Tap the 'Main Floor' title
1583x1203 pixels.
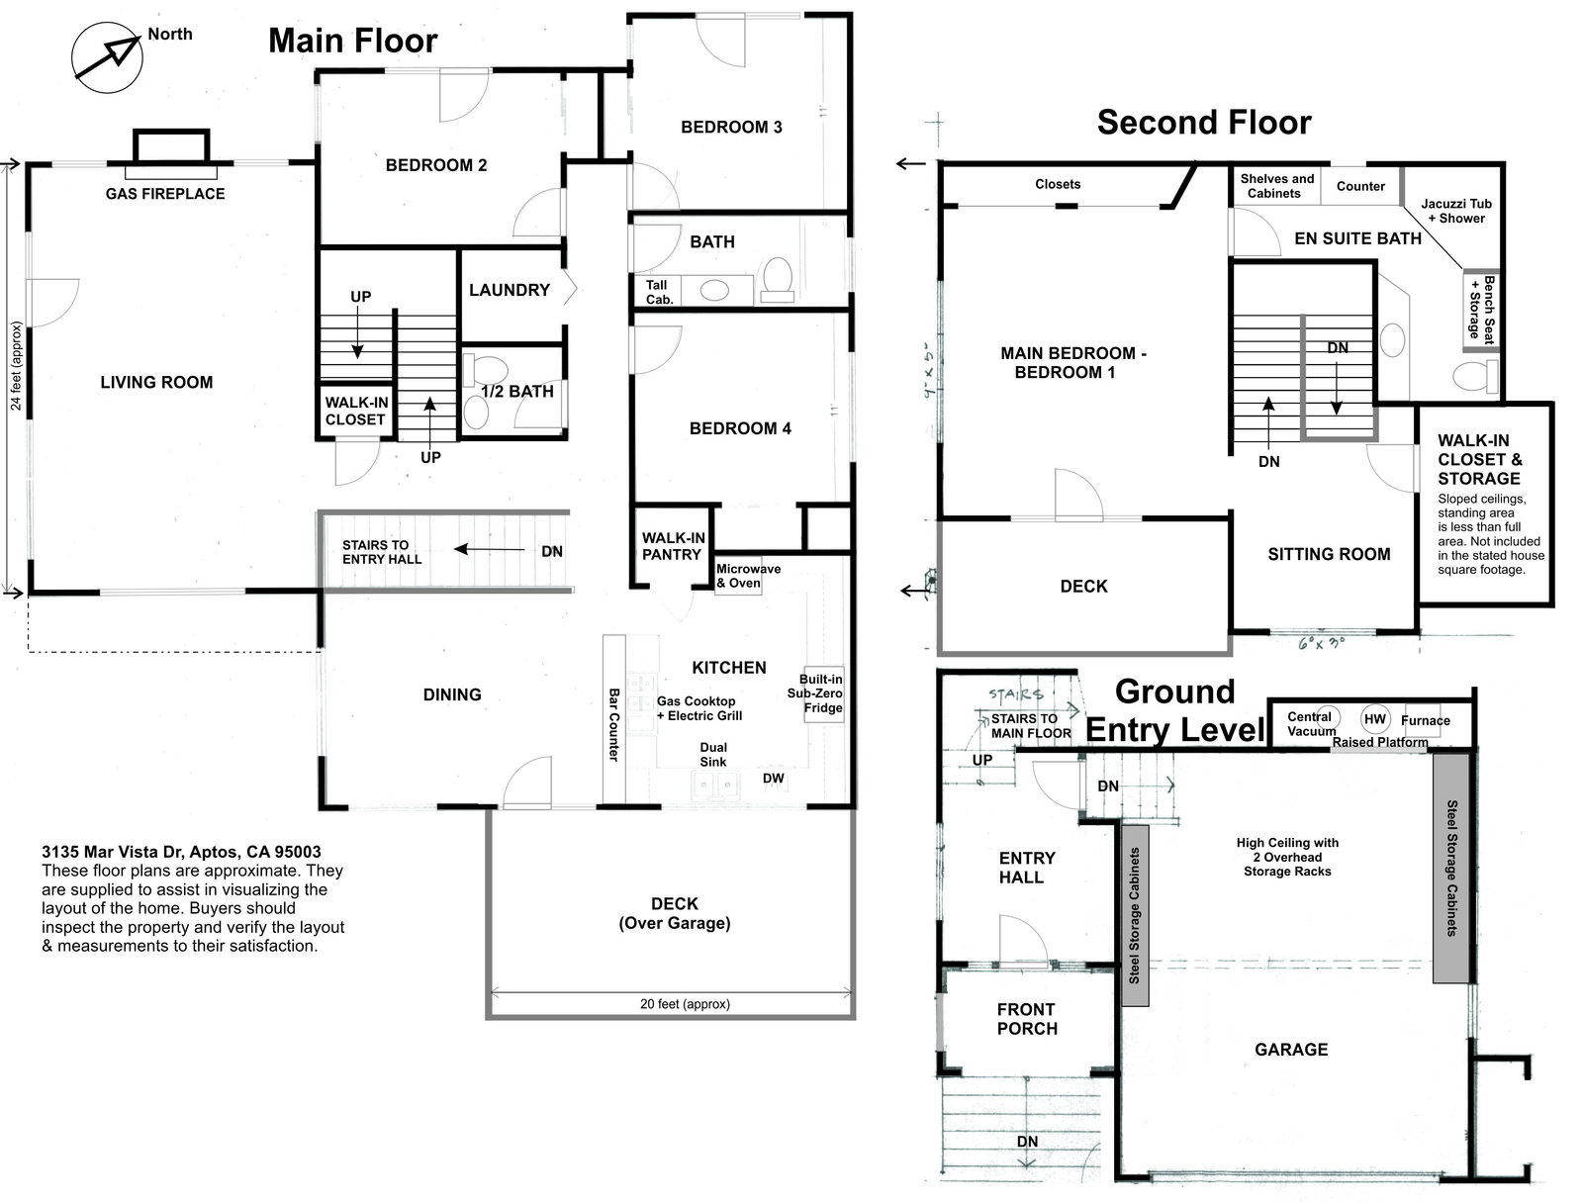[x=352, y=41]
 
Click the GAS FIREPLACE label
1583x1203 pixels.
[x=165, y=194]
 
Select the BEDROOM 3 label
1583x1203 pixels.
[x=731, y=127]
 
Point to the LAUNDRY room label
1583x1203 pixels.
[x=509, y=290]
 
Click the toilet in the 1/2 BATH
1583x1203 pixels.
[x=478, y=372]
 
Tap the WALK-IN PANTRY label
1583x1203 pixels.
[x=672, y=546]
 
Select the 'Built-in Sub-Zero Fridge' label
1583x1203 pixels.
[x=821, y=694]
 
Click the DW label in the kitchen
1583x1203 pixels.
[x=773, y=779]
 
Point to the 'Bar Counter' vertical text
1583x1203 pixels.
[x=613, y=724]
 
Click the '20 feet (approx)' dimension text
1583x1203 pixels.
[x=685, y=1004]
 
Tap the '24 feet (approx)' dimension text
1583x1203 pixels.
[x=16, y=366]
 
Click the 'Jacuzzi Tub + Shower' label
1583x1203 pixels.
[x=1456, y=211]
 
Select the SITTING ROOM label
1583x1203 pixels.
[x=1329, y=554]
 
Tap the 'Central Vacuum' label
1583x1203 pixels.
[x=1311, y=723]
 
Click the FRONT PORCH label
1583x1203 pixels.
[x=1026, y=1019]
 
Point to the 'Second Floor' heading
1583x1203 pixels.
[x=1203, y=123]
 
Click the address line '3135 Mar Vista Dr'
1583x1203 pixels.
[x=181, y=852]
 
